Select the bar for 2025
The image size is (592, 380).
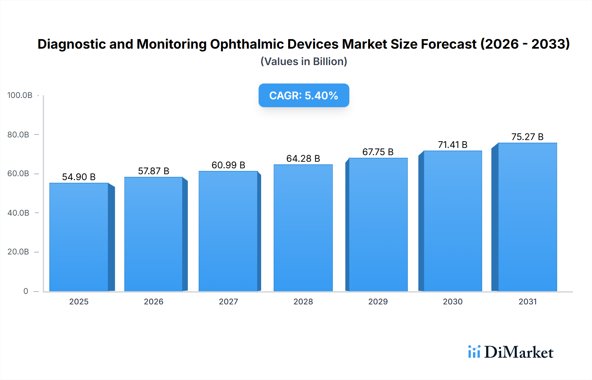(x=79, y=237)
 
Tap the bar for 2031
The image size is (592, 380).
(x=527, y=217)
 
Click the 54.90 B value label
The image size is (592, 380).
(x=79, y=177)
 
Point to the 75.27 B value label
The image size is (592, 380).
(x=527, y=137)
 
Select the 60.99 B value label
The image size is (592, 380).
(x=228, y=165)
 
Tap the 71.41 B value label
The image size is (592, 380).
(x=453, y=145)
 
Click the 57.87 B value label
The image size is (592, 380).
(x=154, y=171)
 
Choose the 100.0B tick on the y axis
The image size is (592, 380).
(x=20, y=95)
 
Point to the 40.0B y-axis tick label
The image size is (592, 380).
(x=18, y=213)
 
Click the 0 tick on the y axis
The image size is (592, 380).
(x=26, y=291)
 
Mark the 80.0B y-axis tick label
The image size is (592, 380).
(x=18, y=135)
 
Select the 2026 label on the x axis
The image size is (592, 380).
(x=154, y=301)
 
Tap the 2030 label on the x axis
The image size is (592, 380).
(x=453, y=301)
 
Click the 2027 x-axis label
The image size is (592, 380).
(x=228, y=301)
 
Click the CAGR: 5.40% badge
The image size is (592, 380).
(x=304, y=95)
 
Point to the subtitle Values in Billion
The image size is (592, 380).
(x=304, y=61)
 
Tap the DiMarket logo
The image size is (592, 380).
(x=511, y=352)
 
